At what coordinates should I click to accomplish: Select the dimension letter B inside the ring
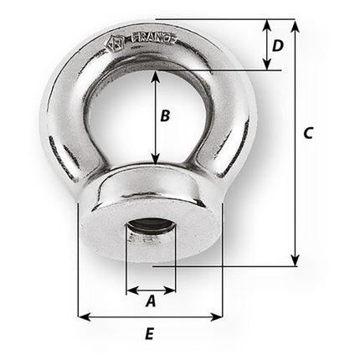click(166, 116)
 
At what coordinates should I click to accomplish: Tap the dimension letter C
click(307, 133)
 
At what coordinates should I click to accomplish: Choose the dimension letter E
click(149, 334)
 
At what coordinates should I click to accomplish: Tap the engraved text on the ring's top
click(152, 39)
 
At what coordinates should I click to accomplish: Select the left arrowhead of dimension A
click(131, 291)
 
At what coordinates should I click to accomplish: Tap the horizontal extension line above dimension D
click(226, 19)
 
